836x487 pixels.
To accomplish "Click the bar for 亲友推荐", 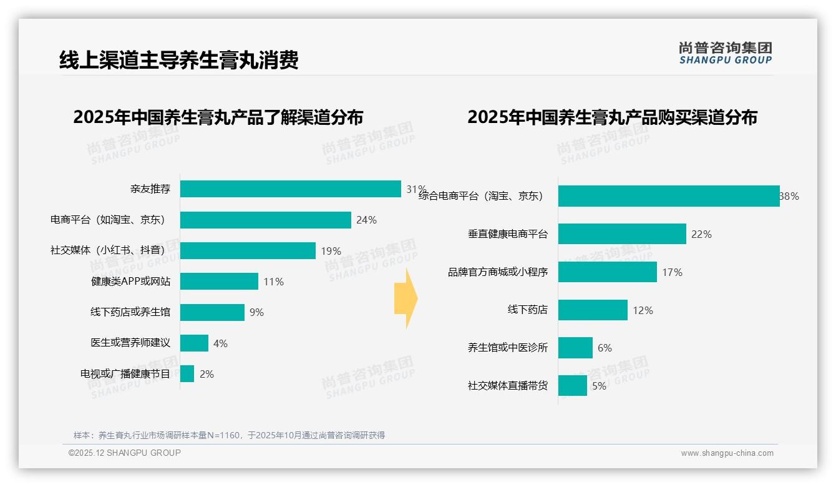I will coord(290,189).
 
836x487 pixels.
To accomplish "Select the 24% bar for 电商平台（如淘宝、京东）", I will coord(265,220).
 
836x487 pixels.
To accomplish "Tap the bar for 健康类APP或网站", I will coord(219,282).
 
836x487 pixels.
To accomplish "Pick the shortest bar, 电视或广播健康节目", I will coord(187,374).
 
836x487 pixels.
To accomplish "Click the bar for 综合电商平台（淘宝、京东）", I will coord(669,196).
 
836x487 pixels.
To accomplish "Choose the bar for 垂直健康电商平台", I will coord(622,234).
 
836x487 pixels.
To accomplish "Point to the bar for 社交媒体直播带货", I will coord(573,386).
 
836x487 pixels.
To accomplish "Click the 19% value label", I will coord(331,251).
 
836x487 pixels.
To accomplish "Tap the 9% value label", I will coord(256,312).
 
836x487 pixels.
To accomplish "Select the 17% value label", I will coord(673,272).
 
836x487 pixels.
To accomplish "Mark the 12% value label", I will coord(643,310).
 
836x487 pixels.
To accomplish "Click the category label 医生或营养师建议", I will coord(130,343).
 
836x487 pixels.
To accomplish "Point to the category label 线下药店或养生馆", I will coord(130,312).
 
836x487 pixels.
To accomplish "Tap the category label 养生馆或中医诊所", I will coord(508,348).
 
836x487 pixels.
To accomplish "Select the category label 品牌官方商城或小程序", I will coord(498,272).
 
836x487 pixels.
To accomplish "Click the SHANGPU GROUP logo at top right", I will coord(726,53).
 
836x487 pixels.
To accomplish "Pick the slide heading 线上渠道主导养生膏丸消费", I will coord(179,60).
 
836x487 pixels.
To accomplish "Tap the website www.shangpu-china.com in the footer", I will coord(727,453).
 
